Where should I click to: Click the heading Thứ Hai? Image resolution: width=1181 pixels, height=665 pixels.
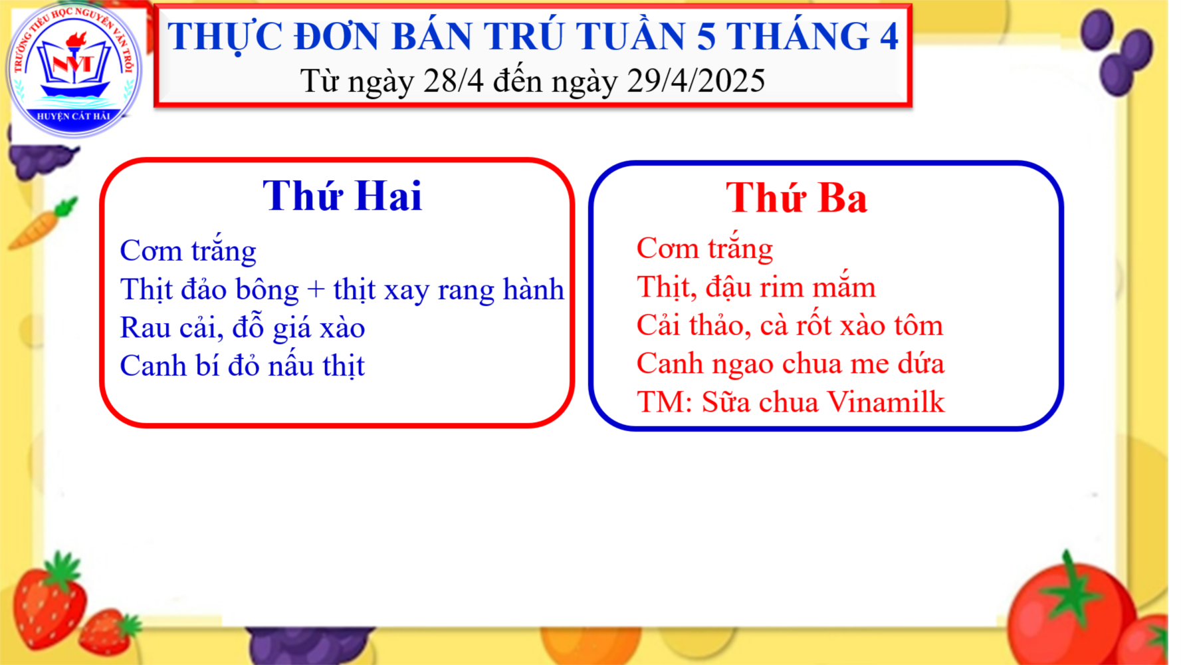[x=342, y=196]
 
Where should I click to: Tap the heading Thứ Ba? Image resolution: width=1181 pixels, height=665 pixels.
[x=796, y=198]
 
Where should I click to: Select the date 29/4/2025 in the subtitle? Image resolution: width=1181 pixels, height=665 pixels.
[x=696, y=80]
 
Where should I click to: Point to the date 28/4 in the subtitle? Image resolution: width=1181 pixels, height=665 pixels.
[x=453, y=80]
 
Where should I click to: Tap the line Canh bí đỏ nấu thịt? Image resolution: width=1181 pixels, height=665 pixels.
[x=243, y=366]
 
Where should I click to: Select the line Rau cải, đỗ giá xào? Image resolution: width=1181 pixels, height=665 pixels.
[x=243, y=327]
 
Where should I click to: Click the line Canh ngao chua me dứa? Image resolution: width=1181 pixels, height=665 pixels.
[x=790, y=364]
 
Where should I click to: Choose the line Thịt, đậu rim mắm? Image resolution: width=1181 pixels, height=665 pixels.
[x=756, y=287]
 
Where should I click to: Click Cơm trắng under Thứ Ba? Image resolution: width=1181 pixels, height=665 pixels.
[x=704, y=248]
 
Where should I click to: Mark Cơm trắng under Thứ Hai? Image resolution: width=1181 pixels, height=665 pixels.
[x=188, y=251]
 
